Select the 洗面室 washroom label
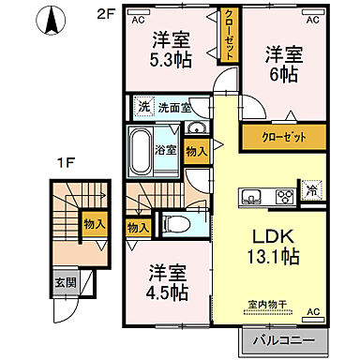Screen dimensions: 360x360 coord(174,108)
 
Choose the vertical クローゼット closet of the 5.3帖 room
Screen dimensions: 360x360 coord(229,37)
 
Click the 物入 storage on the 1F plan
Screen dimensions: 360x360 coord(95,223)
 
